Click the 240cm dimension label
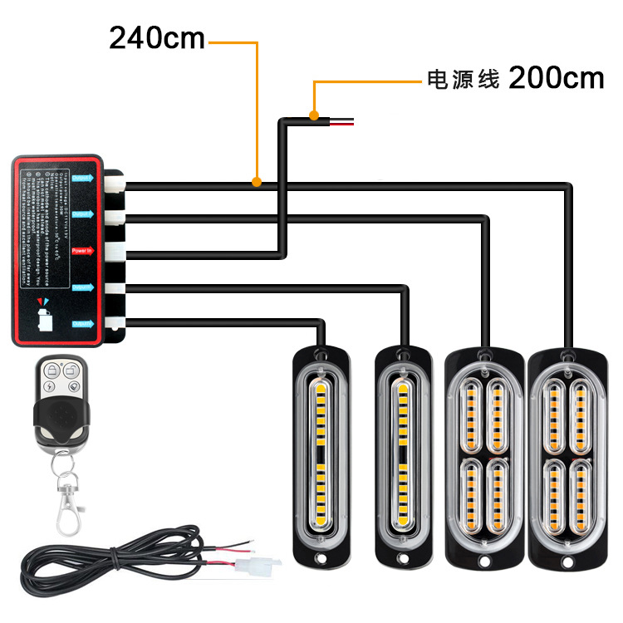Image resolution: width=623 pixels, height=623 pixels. (157, 37)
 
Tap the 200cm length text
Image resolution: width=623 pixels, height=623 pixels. (556, 78)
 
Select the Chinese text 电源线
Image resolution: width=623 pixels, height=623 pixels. (462, 80)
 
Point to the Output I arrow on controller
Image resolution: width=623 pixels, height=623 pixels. (82, 178)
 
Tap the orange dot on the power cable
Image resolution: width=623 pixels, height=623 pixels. (313, 115)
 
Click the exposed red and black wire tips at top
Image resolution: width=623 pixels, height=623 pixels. (342, 123)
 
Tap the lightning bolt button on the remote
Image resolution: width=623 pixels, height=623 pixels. (51, 385)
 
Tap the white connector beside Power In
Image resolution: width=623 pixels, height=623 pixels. (115, 250)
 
